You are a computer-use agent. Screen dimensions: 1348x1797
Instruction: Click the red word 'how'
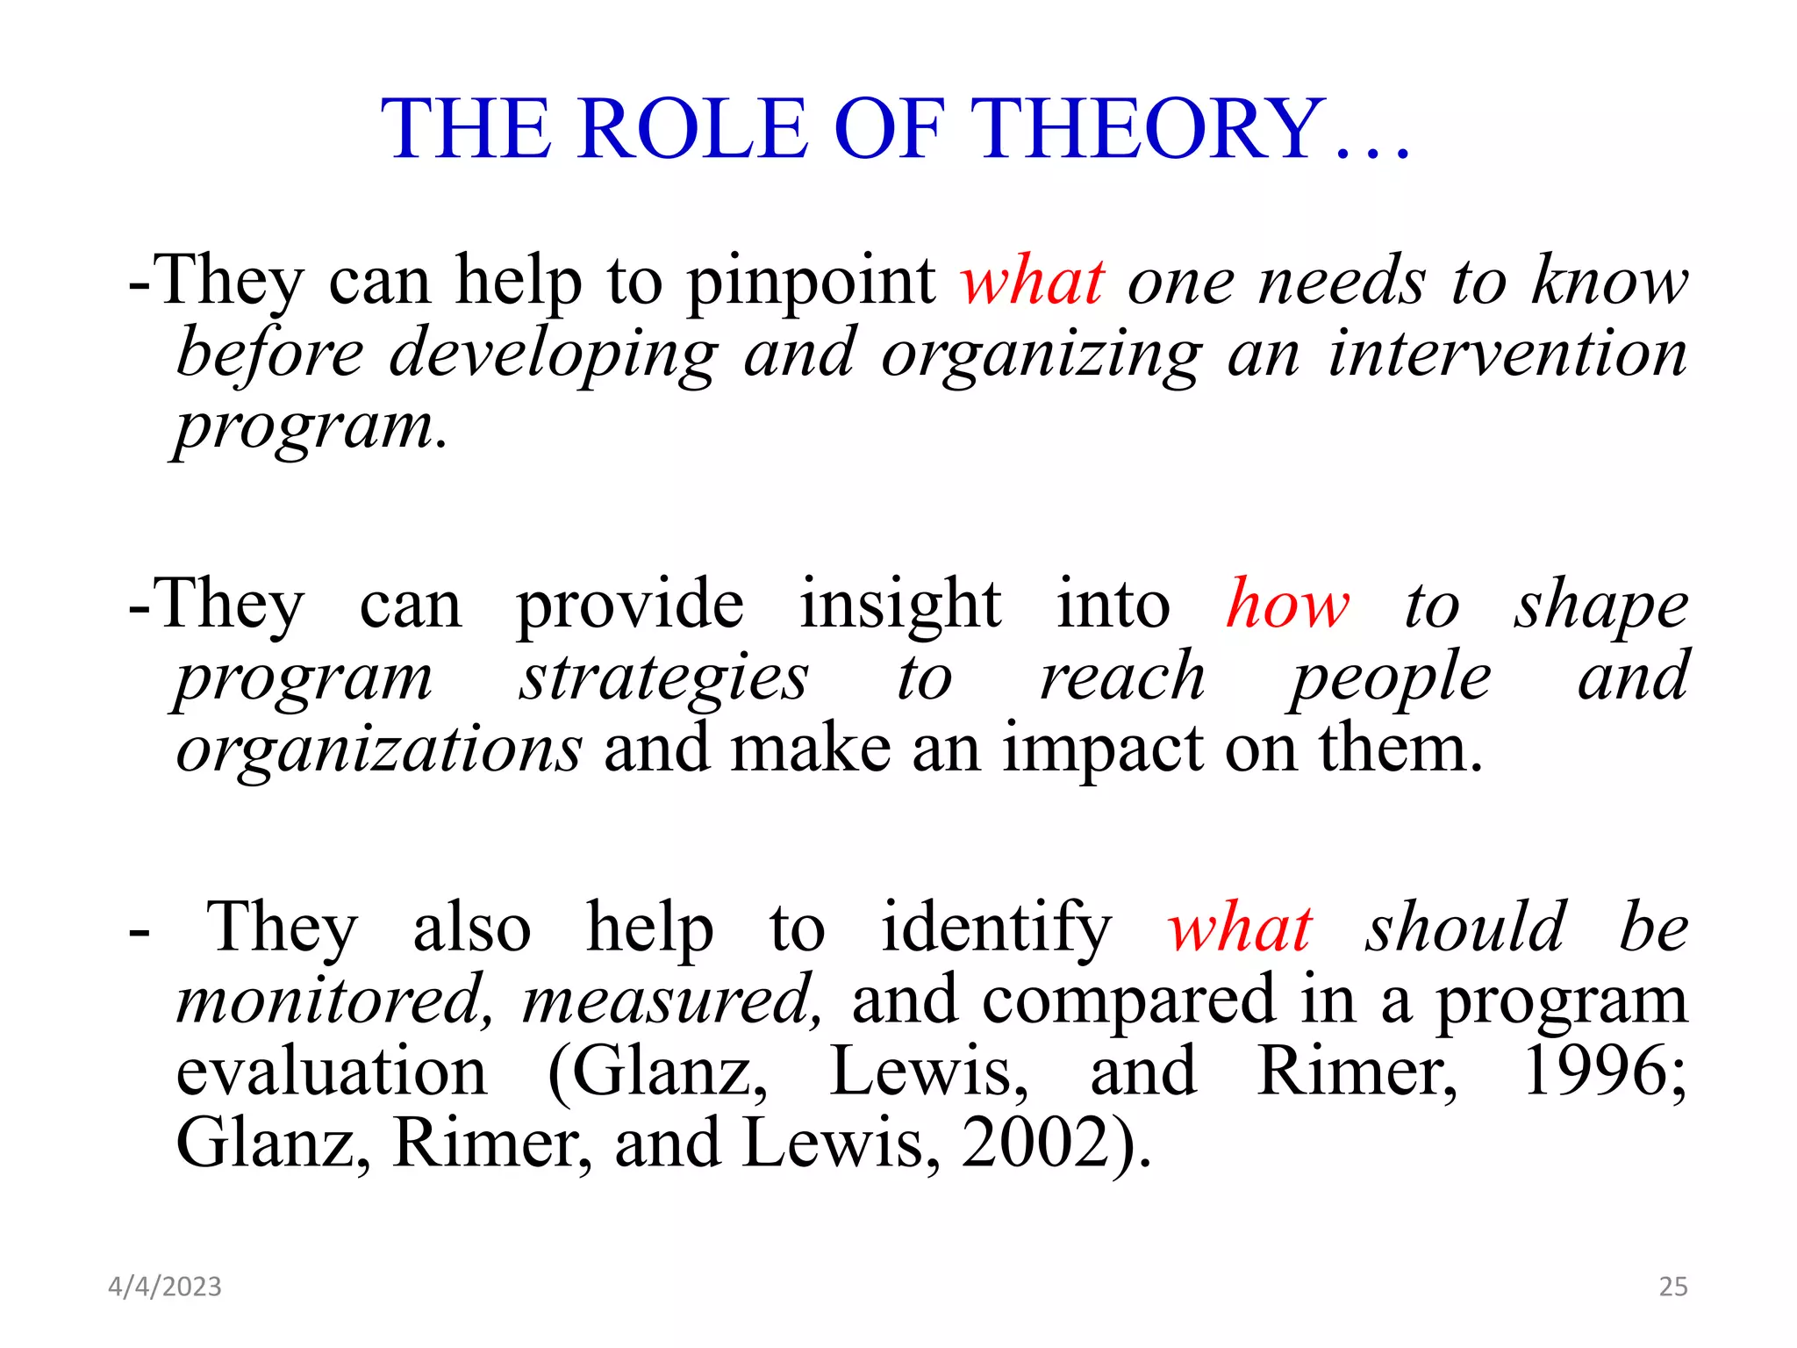point(1287,605)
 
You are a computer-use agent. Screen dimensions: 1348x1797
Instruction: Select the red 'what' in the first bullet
point(1032,282)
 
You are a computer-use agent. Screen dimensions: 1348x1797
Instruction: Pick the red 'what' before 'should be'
point(1239,928)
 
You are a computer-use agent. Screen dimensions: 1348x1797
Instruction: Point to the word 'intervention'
point(1507,354)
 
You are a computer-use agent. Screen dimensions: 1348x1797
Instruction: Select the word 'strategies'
point(663,679)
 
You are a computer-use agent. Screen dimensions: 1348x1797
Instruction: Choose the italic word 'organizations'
point(378,751)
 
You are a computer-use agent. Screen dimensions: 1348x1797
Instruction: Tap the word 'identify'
point(996,929)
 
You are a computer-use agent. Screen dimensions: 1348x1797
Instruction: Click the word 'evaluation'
point(331,1072)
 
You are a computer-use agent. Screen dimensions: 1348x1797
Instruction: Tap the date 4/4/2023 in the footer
point(165,1287)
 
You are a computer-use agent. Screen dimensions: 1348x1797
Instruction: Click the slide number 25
point(1672,1287)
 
